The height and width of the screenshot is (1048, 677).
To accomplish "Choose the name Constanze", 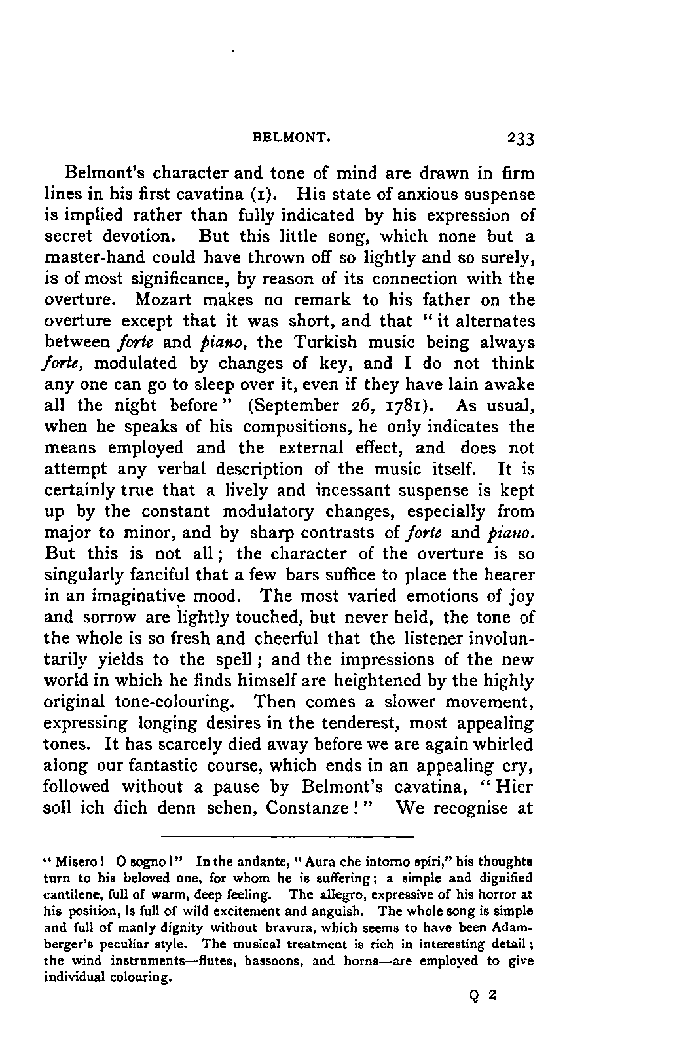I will coord(308,808).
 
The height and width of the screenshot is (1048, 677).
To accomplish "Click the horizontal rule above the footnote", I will coord(288,836).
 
